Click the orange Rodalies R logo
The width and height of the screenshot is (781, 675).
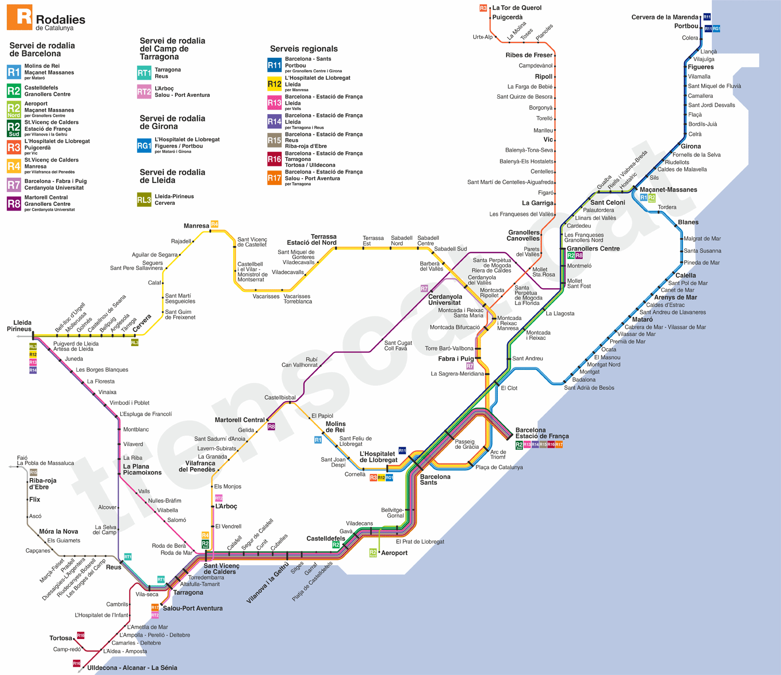(19, 17)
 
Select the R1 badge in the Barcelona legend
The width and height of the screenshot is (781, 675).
(14, 72)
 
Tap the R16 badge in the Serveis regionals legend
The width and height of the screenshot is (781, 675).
(274, 159)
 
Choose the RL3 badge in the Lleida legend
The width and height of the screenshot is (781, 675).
(144, 200)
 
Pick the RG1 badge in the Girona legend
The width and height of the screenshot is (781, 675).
(144, 146)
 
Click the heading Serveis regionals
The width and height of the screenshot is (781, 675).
(304, 49)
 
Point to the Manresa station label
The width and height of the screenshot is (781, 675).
(196, 226)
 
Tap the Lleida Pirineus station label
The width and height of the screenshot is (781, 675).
(19, 326)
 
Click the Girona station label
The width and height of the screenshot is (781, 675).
(690, 146)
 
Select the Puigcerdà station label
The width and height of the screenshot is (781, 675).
(507, 17)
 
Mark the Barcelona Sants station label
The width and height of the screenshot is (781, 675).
(435, 480)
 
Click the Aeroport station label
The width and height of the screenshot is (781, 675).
(394, 553)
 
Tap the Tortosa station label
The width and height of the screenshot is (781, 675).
(60, 638)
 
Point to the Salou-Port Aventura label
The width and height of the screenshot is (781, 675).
(193, 608)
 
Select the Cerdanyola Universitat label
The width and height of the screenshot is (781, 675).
(445, 300)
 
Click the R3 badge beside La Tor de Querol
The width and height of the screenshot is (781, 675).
(483, 8)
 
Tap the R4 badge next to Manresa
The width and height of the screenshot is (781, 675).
(215, 224)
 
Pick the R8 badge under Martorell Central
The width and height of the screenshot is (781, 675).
(271, 427)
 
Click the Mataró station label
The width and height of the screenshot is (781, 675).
(642, 320)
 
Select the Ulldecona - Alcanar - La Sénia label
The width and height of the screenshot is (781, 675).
(132, 668)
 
